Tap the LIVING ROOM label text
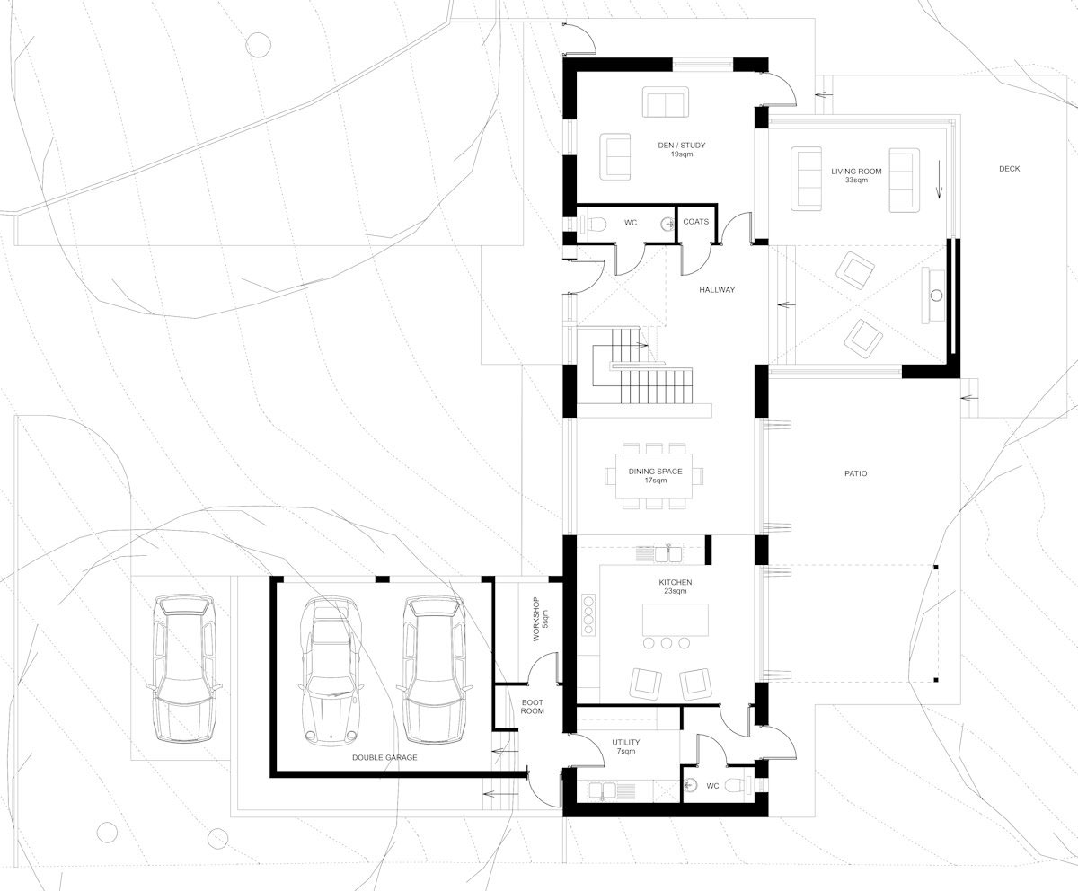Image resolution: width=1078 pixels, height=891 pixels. (855, 175)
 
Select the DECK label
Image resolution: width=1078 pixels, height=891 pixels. (1009, 169)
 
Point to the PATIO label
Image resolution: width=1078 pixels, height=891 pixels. (855, 473)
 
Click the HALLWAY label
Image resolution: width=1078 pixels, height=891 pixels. (717, 290)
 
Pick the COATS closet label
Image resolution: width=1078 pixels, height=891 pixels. (695, 222)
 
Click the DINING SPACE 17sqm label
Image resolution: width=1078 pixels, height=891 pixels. (655, 476)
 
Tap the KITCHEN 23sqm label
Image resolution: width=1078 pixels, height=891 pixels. (675, 587)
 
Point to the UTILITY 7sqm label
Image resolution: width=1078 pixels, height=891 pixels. (625, 746)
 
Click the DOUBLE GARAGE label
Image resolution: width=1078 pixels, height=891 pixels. (384, 757)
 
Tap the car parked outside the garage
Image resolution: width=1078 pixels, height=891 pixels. (184, 669)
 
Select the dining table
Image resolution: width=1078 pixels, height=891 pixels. (655, 476)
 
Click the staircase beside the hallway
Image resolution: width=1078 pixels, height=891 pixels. (651, 377)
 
